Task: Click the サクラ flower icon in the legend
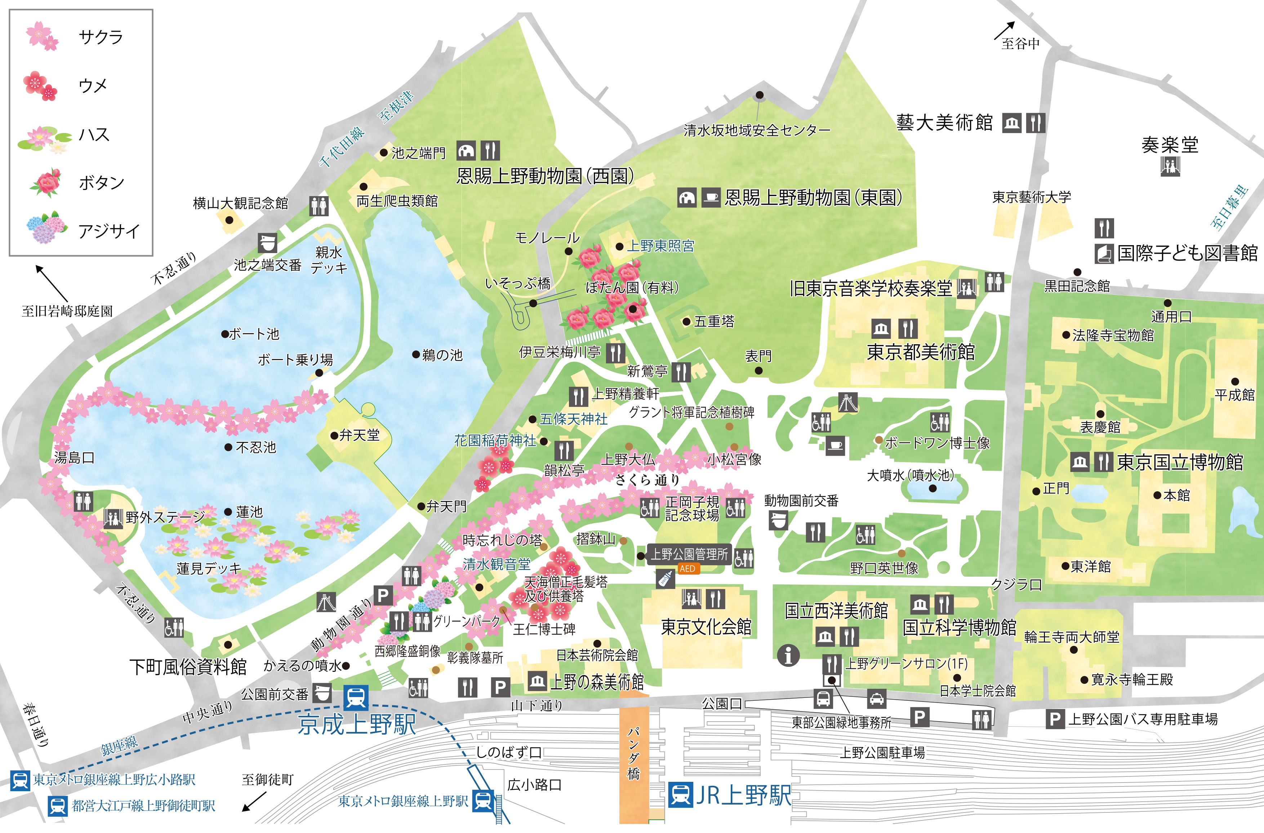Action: coord(42,36)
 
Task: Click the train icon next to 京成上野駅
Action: coord(355,697)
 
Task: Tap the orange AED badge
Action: coord(687,568)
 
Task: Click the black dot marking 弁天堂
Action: coord(334,436)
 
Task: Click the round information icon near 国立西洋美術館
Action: coord(788,656)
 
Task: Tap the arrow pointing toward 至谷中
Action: coord(1005,30)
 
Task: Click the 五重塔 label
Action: coord(714,322)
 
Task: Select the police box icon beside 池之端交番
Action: coord(267,243)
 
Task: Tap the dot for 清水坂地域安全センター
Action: coord(760,95)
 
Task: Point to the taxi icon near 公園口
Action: coord(876,699)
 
